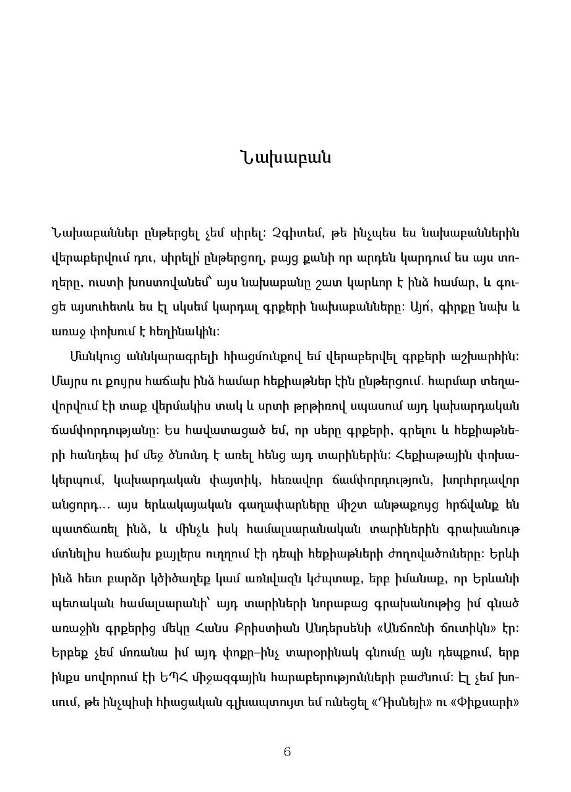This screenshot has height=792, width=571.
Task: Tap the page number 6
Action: click(286, 752)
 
